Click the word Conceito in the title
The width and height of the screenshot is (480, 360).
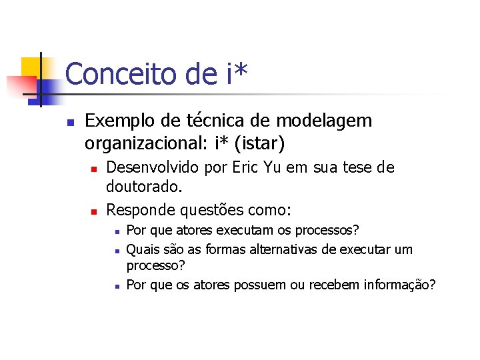tap(113, 74)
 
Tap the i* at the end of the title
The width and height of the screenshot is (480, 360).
tap(237, 74)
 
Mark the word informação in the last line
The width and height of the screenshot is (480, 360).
tap(397, 285)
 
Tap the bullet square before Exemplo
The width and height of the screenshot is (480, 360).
tap(69, 122)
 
